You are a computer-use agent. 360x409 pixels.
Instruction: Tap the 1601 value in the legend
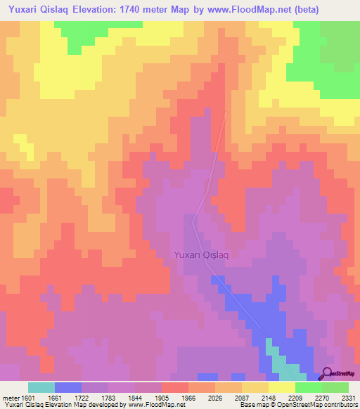coord(29,397)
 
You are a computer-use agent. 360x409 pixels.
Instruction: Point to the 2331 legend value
coord(349,397)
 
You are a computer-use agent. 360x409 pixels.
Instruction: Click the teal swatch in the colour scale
coord(41,387)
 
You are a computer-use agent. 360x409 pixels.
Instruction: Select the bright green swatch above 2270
coord(309,387)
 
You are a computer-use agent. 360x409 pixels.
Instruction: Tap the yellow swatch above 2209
coord(282,387)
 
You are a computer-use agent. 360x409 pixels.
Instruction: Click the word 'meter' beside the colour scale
coord(11,397)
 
